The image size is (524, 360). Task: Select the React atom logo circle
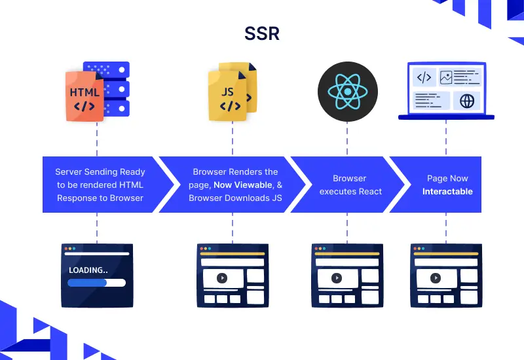coord(346,92)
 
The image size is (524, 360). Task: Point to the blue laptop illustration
coord(446,91)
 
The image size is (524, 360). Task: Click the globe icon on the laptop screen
coord(466,100)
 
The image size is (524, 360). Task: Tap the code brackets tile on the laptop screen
coord(424,78)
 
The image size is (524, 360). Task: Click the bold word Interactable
coord(447,191)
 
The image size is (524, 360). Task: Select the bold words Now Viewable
coord(242,185)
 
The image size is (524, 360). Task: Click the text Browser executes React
coord(350,185)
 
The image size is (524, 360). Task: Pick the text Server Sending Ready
coord(100,171)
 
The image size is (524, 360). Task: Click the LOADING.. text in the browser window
coord(88,269)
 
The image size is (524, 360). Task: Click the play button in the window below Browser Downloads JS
coord(222,278)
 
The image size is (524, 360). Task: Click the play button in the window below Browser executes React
coord(336,278)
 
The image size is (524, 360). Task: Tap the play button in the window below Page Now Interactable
coord(435,278)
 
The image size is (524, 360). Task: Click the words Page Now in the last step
coord(447,178)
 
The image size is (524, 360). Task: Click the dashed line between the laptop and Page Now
coord(447,139)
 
